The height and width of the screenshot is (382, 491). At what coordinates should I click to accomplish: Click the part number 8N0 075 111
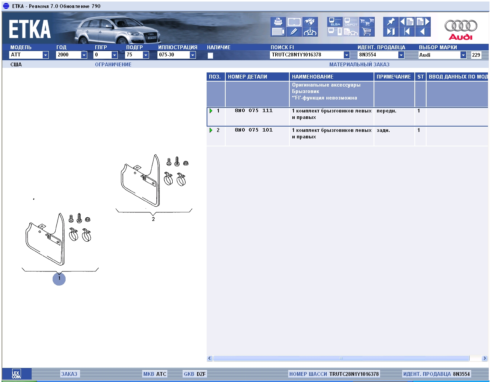pos(254,111)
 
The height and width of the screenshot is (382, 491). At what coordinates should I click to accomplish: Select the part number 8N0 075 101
pos(254,130)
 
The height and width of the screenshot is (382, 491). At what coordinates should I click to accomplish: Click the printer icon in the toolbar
pos(278,22)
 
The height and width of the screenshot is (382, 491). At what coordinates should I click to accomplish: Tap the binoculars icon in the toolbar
pos(310,22)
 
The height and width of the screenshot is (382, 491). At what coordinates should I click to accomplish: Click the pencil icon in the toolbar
pos(294,32)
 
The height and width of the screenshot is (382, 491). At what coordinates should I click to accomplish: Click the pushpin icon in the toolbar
pos(391,22)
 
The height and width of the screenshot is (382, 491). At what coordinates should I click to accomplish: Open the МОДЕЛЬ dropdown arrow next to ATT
pos(45,55)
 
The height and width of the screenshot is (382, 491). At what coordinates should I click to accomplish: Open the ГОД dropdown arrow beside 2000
pos(84,55)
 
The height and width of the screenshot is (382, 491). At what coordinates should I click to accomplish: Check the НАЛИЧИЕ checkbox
pos(210,55)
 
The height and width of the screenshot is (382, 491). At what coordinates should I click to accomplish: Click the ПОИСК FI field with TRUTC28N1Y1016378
pos(307,55)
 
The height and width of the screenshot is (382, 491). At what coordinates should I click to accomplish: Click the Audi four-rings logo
pos(461,26)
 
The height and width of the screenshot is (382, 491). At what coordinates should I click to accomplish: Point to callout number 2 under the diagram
pos(153,219)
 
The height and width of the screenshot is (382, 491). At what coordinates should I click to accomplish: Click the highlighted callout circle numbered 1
pos(59,279)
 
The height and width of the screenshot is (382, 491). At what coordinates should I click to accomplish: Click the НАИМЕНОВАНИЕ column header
pos(313,77)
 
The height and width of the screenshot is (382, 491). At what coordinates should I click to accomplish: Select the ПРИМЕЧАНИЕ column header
pos(393,77)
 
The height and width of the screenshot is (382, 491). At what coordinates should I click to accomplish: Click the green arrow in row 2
pos(211,130)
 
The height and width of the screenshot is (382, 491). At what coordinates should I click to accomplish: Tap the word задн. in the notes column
pos(383,130)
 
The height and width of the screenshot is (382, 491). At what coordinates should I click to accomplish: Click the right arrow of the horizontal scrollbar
pos(484,358)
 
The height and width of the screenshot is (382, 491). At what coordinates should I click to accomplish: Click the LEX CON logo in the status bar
pos(16,374)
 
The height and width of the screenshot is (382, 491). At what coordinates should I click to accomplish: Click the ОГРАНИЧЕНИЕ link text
pos(113,64)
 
